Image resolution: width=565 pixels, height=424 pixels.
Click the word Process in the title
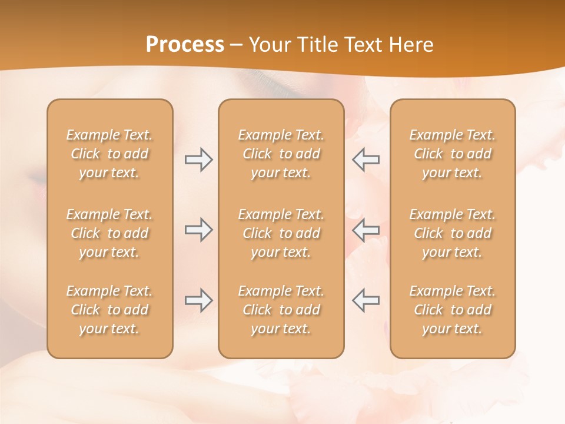(185, 45)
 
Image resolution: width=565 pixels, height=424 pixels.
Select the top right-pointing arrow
(199, 160)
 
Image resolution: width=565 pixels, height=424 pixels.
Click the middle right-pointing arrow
(199, 230)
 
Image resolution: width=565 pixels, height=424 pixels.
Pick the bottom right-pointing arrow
(199, 300)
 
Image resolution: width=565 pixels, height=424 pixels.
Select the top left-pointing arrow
(365, 160)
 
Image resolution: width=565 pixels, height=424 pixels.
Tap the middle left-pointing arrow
(365, 230)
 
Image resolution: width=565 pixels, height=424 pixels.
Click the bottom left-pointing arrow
(365, 300)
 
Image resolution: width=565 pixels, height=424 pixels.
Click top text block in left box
(109, 154)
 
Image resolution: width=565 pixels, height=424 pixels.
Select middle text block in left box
(109, 233)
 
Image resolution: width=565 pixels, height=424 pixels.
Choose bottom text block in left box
(109, 310)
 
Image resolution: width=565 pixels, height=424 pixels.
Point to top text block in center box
(281, 154)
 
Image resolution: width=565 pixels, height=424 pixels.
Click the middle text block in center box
(281, 233)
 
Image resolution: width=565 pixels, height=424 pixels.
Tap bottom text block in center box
(281, 310)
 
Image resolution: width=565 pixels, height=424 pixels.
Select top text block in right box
(452, 154)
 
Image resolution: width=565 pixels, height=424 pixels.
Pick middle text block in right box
(452, 233)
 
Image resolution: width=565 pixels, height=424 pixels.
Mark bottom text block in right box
(452, 310)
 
